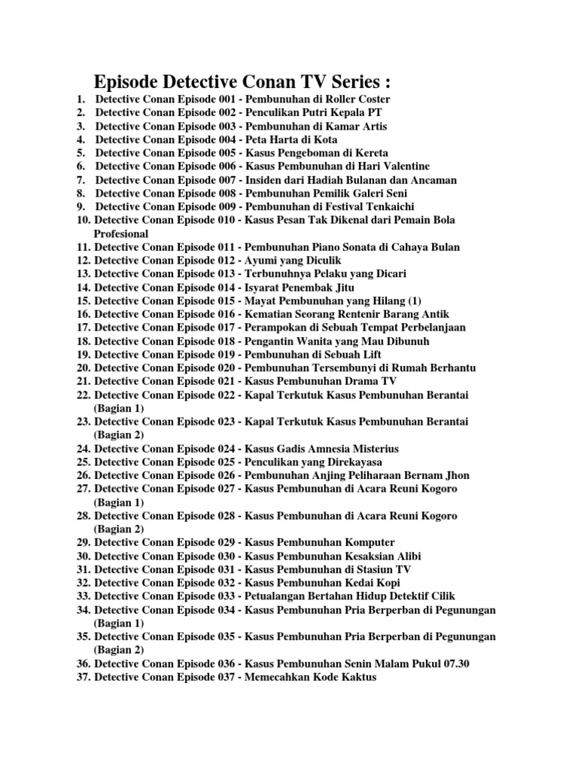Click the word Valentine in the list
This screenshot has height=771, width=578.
coord(403,166)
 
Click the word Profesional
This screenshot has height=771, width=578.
coord(121,233)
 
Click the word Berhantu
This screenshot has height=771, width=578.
coord(449,368)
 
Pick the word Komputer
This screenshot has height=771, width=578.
coord(370,543)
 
